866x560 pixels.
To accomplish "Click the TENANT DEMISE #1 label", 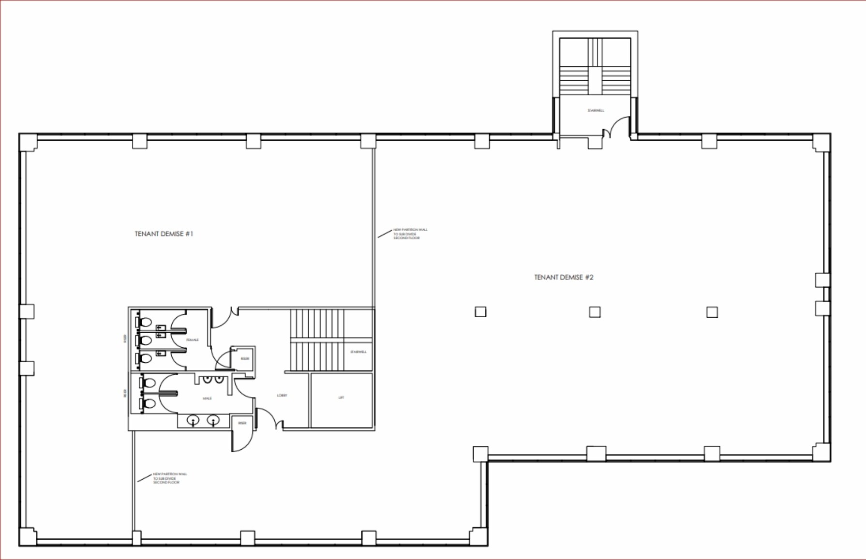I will (164, 234).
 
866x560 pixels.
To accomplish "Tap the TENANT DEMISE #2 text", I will (564, 277).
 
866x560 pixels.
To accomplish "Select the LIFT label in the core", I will (341, 398).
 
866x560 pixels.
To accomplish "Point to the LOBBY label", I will (282, 395).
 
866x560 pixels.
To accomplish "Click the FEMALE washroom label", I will (193, 340).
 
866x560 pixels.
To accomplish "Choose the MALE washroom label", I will (207, 398).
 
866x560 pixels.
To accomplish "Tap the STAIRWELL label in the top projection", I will (596, 110).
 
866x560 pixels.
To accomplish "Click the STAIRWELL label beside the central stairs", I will (358, 352).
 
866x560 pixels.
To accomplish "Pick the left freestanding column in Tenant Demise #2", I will (480, 312).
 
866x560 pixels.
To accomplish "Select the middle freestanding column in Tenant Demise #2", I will (595, 312).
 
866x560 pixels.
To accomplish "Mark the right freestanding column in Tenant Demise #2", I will (712, 312).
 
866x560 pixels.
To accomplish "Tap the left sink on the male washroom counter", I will (193, 421).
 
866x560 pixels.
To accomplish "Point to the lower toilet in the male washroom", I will (149, 403).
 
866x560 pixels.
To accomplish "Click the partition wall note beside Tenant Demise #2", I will (410, 234).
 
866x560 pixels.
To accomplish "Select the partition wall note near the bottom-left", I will (170, 478).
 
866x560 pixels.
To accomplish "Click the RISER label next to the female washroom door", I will (245, 359).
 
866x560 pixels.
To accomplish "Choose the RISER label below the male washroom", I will (242, 423).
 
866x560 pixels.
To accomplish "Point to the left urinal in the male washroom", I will (207, 379).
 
